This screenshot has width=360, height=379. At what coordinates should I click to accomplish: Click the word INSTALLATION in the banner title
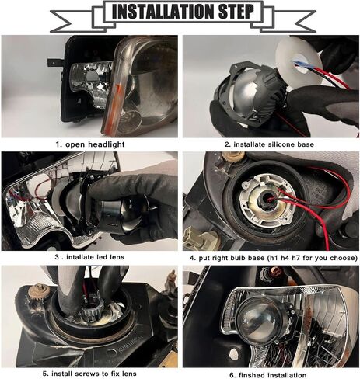tap(163, 12)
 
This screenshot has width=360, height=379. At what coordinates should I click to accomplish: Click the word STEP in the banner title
tap(236, 12)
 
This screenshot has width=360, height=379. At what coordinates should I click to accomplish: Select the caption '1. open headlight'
tap(90, 144)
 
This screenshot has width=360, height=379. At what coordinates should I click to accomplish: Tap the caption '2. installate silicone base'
tap(269, 144)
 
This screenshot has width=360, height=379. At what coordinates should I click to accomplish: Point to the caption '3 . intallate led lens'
tap(89, 257)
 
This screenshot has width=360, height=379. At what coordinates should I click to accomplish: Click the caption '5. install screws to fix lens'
tap(89, 374)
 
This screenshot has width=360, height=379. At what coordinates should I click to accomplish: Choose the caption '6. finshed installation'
tap(268, 375)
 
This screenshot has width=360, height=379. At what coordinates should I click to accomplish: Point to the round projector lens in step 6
tap(259, 321)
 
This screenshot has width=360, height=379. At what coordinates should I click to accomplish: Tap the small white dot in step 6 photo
tap(234, 353)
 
